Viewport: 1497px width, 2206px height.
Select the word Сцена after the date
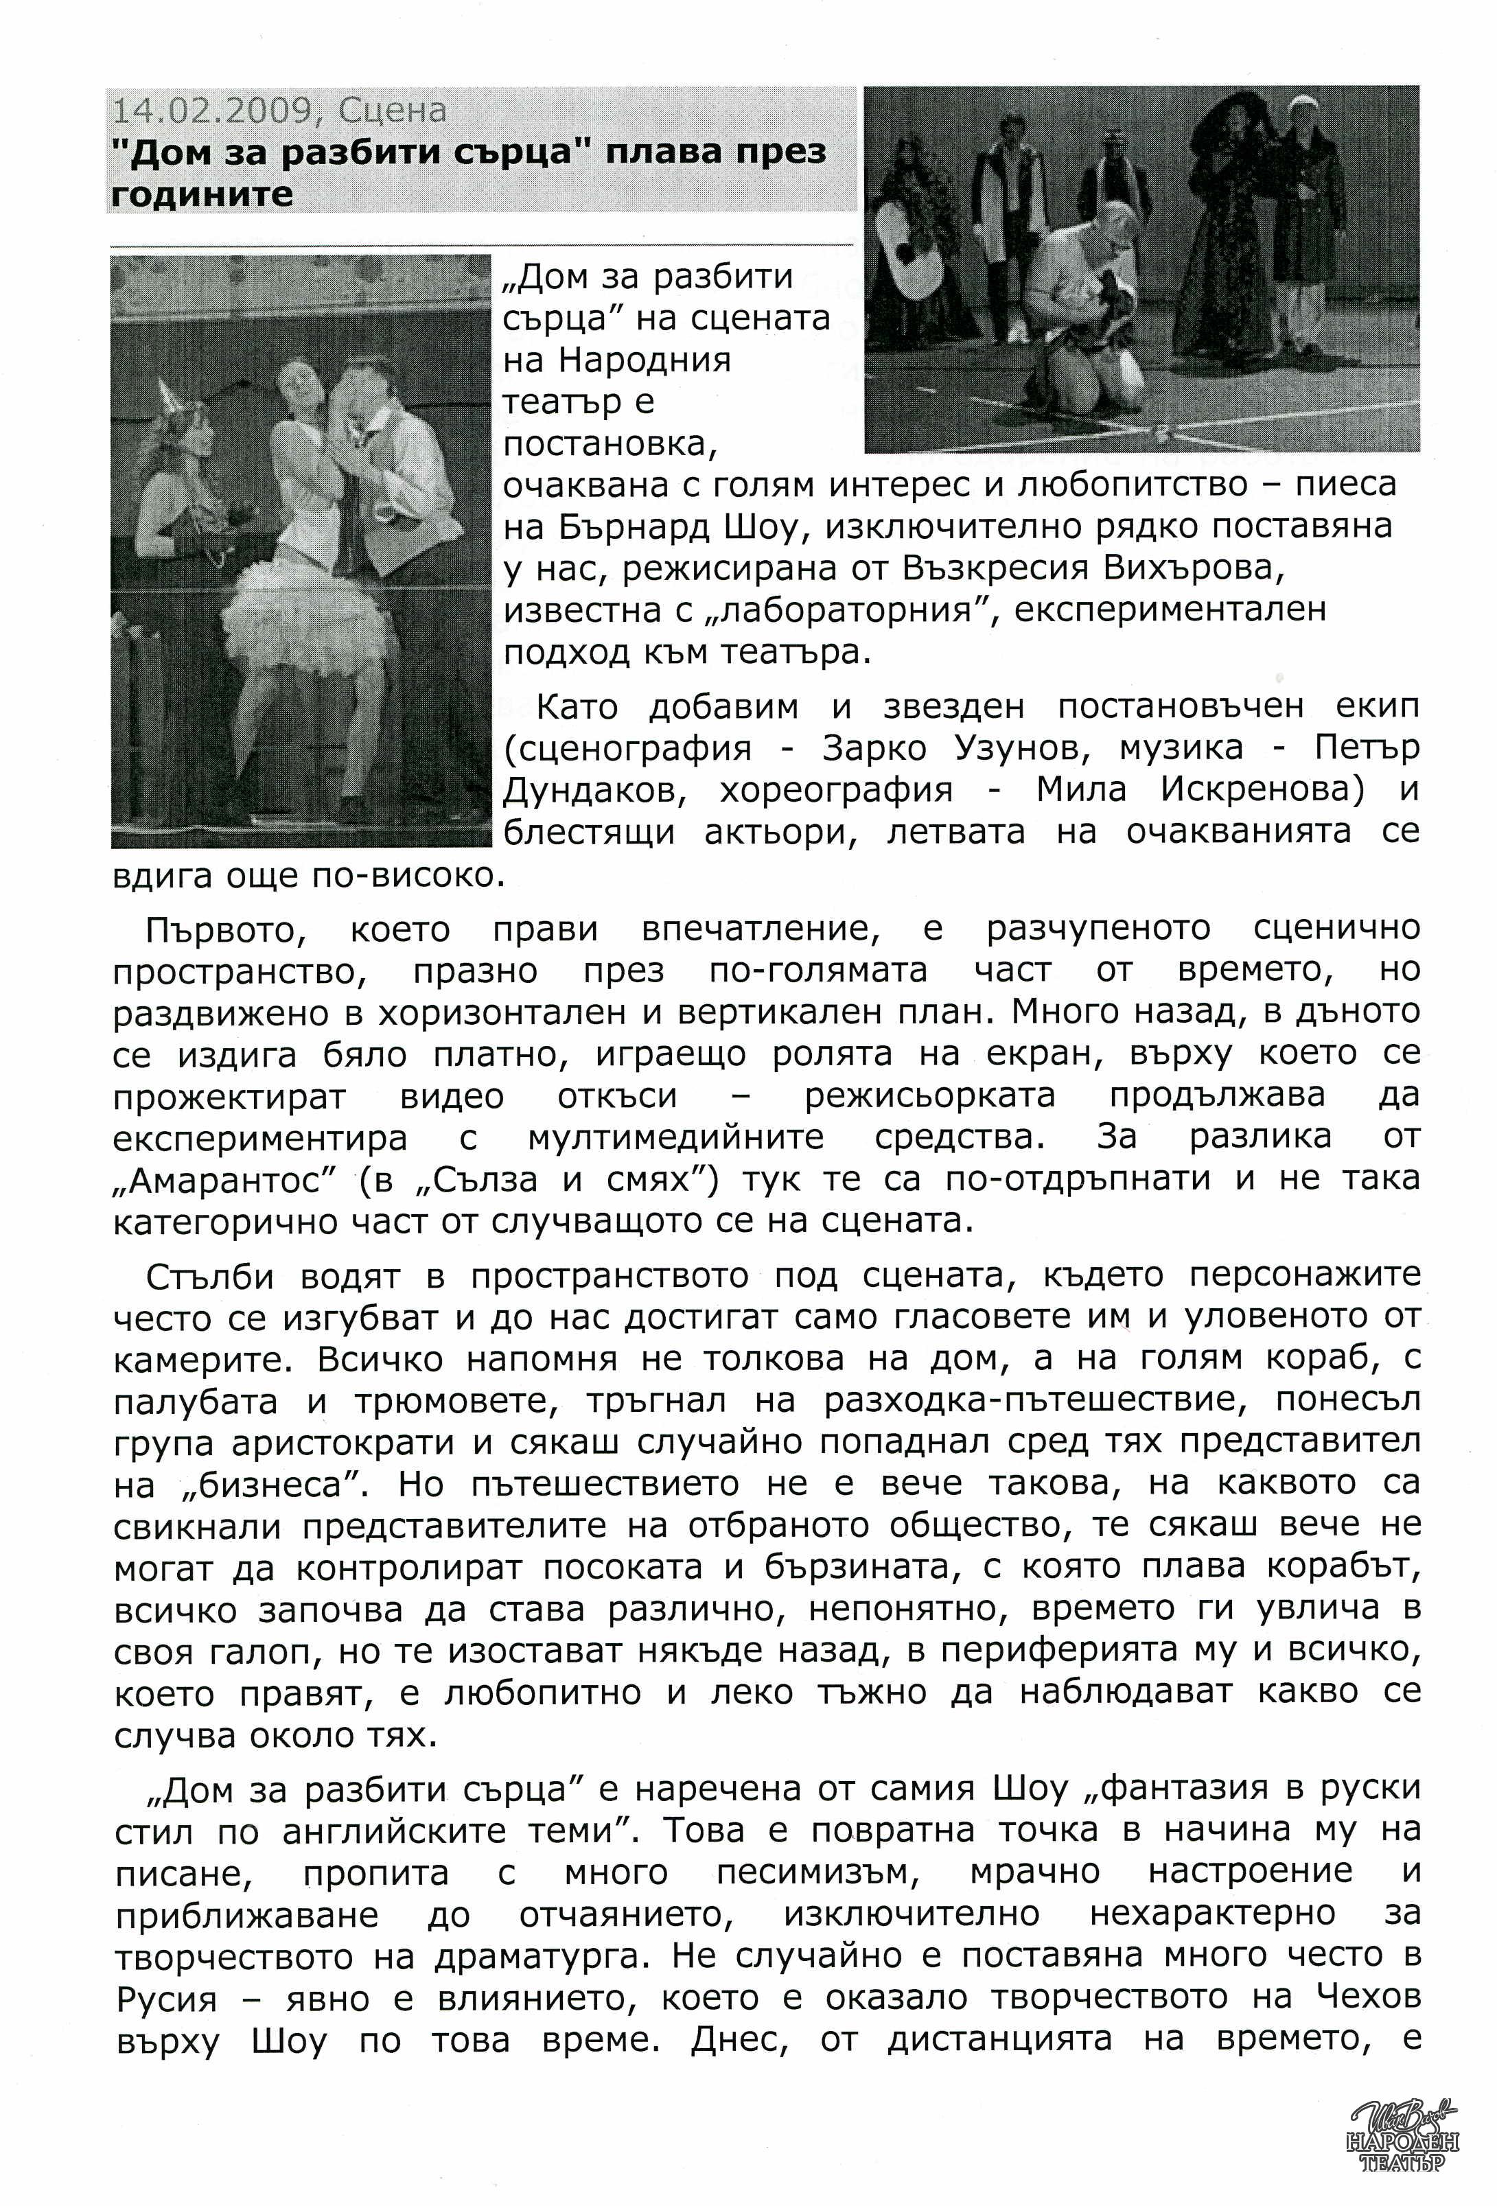point(391,111)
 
